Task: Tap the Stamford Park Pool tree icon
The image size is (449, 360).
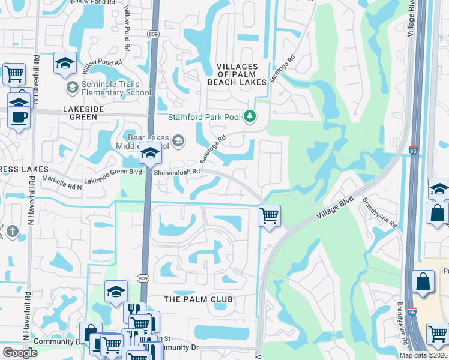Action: tap(250, 116)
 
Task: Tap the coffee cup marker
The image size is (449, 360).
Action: tap(18, 116)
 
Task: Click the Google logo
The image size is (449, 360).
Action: tap(20, 353)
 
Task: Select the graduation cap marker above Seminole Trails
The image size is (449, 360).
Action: tap(65, 63)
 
